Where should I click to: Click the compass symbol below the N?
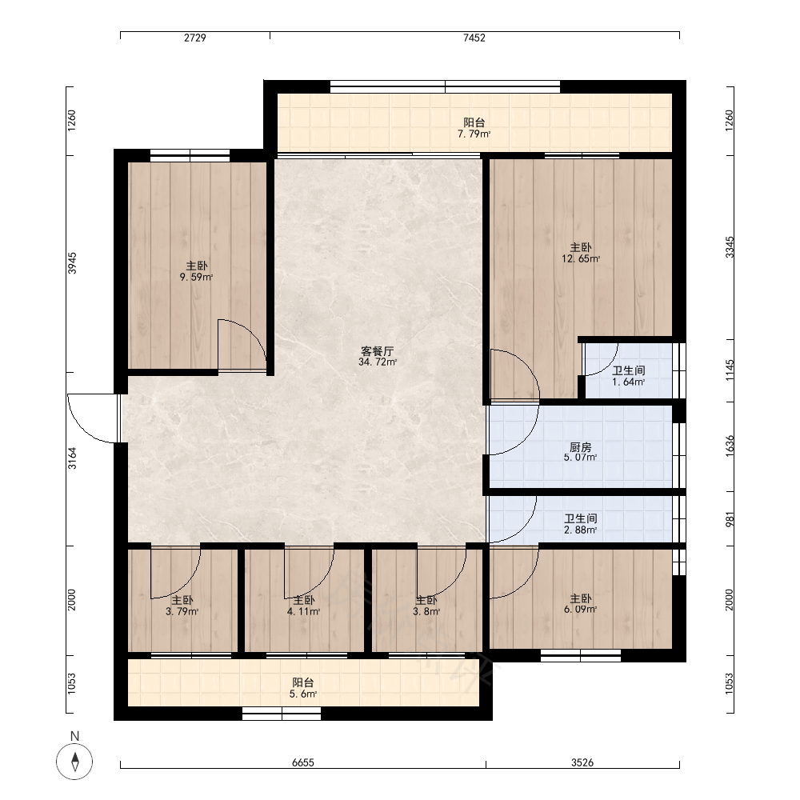[x=74, y=762]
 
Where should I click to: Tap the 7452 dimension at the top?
[x=474, y=38]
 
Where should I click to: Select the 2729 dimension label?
[x=195, y=38]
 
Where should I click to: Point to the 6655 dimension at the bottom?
[x=303, y=762]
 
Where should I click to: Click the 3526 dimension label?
[x=582, y=762]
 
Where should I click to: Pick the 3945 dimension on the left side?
[x=72, y=263]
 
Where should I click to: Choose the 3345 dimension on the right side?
[x=730, y=247]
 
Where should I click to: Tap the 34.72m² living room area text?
[x=378, y=362]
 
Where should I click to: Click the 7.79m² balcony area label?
[x=474, y=134]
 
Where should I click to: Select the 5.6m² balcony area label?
[x=303, y=694]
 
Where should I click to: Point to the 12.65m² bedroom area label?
[x=581, y=258]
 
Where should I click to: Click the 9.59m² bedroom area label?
[x=196, y=277]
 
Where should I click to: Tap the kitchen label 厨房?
[x=581, y=447]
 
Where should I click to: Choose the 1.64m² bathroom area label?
[x=629, y=382]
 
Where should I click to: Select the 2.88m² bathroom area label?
[x=581, y=530]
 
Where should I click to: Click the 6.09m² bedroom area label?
[x=581, y=609]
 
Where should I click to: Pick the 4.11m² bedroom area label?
[x=303, y=611]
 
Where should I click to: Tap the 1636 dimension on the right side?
[x=730, y=446]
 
